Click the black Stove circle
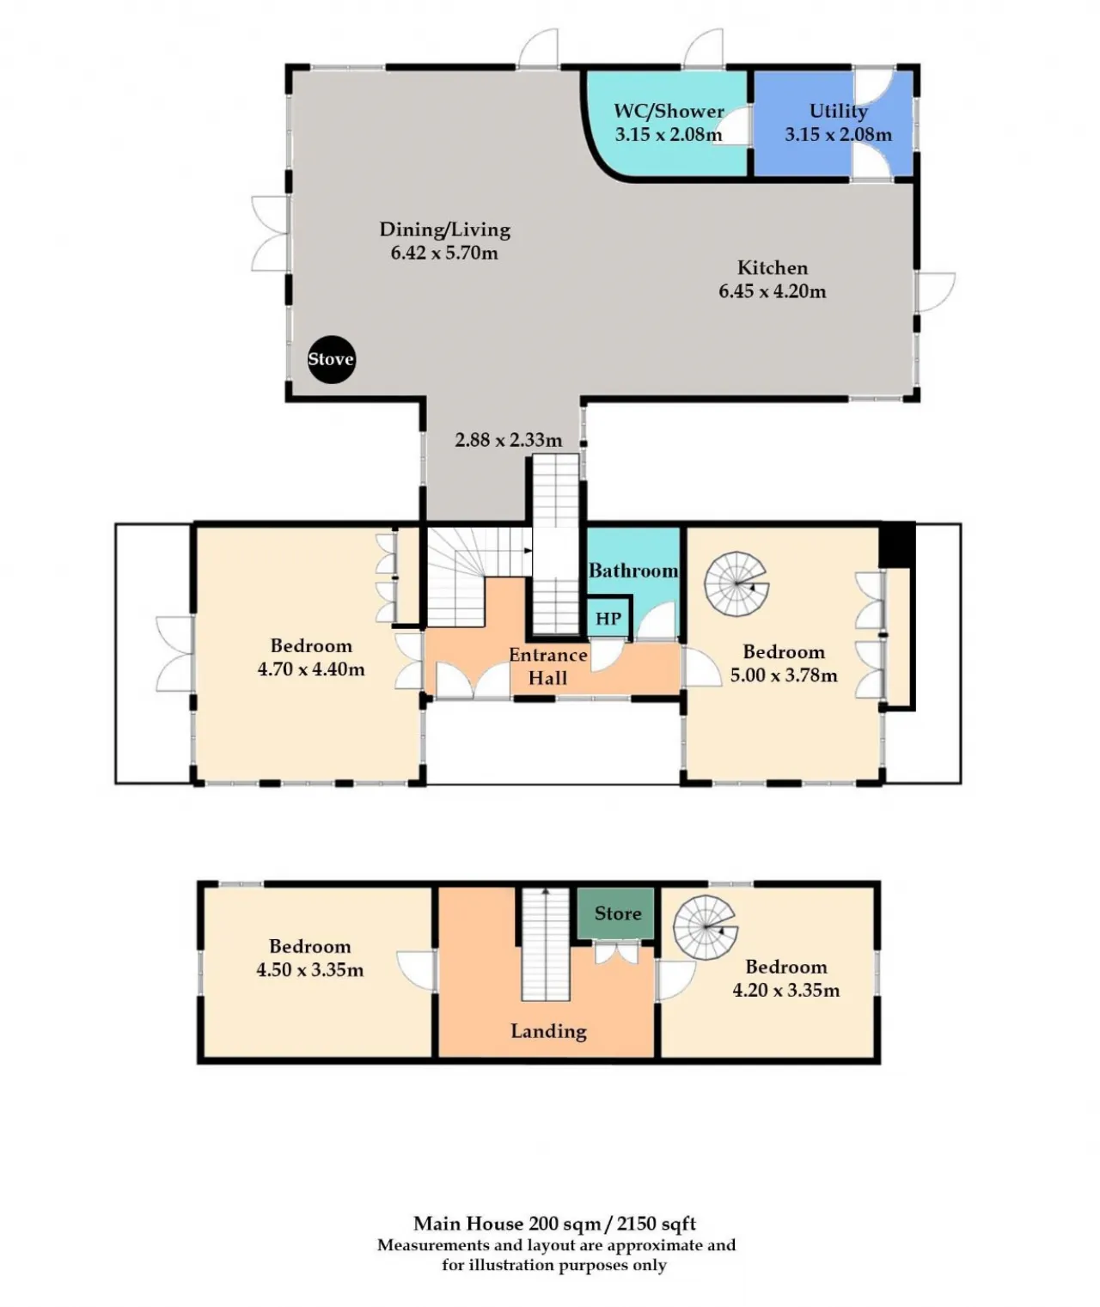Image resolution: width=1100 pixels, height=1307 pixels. point(331,359)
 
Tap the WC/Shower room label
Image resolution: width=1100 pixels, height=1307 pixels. point(669,111)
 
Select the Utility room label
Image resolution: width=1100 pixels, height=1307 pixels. point(838,111)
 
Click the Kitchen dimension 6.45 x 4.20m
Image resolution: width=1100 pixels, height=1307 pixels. point(772,291)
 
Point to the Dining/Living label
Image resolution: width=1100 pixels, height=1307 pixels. point(444,229)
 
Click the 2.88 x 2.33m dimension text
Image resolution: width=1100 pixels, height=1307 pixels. point(508,440)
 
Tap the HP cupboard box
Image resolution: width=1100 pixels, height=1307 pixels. point(608,619)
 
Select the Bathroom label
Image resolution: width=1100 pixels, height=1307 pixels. point(633,571)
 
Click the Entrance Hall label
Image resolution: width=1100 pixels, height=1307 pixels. point(547,666)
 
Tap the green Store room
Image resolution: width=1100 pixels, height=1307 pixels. point(617,913)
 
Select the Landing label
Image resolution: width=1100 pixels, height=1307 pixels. point(548,1031)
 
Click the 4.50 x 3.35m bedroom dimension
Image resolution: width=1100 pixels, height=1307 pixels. point(309,970)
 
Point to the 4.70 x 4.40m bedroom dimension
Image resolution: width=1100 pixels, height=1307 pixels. point(311,669)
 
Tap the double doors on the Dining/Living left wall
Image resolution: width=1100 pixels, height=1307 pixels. point(269,233)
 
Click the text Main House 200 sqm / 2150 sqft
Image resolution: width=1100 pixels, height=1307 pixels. point(554,1224)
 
